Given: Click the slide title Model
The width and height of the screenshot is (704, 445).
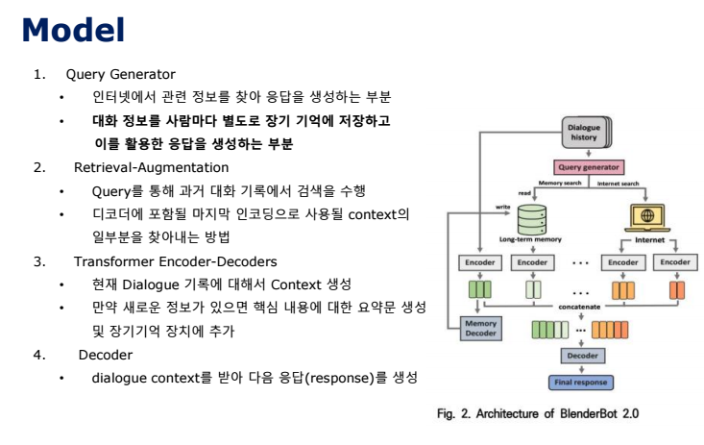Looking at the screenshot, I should (74, 30).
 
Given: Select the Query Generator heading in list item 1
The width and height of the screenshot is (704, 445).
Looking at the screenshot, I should (120, 74).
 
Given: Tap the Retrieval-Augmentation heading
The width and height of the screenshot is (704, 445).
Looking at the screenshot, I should (139, 167).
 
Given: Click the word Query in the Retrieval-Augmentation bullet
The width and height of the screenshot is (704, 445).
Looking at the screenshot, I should (111, 190).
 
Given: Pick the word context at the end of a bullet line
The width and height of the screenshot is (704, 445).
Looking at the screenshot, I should (382, 213).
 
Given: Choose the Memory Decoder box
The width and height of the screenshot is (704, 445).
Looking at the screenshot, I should (481, 329).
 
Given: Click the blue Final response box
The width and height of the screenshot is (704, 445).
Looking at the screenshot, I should (580, 382).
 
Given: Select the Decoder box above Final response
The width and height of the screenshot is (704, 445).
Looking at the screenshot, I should (580, 356).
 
